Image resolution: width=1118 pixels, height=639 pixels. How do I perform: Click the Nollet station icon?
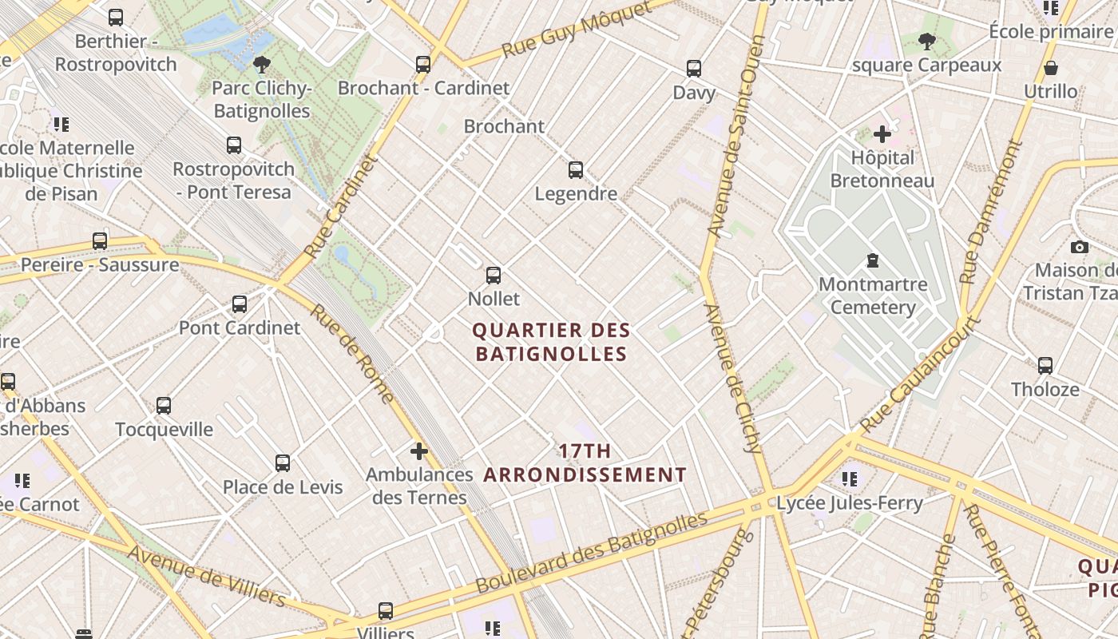(494, 276)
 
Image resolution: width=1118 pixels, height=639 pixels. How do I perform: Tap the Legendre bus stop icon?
(576, 170)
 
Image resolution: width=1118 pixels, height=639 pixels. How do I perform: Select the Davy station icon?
(694, 69)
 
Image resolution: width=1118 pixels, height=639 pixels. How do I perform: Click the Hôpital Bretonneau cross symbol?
(882, 134)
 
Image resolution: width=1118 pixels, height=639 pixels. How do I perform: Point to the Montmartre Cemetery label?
(873, 296)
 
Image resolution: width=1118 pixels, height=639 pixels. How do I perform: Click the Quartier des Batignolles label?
(551, 342)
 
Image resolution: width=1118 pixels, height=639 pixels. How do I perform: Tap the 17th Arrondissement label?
(585, 463)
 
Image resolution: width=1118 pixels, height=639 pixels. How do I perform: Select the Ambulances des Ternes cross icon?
(419, 451)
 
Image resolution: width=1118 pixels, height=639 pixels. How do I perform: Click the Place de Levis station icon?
(283, 463)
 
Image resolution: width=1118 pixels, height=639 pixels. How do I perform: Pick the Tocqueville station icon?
(164, 406)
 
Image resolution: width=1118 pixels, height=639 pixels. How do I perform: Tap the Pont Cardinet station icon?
(240, 304)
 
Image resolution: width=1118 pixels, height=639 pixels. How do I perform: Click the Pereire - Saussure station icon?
(100, 241)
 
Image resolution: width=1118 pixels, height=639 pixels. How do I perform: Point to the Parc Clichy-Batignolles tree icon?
(261, 65)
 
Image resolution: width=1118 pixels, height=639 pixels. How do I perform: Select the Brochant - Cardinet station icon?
(423, 65)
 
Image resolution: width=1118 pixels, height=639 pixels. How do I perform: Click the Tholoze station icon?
(1045, 366)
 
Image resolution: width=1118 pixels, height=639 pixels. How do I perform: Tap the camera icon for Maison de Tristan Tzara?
(1079, 247)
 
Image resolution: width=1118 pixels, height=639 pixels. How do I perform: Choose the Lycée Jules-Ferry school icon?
(850, 479)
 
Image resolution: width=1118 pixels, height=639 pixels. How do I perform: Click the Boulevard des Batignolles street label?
(592, 553)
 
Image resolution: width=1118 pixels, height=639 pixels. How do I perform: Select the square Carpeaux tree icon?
(927, 41)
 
